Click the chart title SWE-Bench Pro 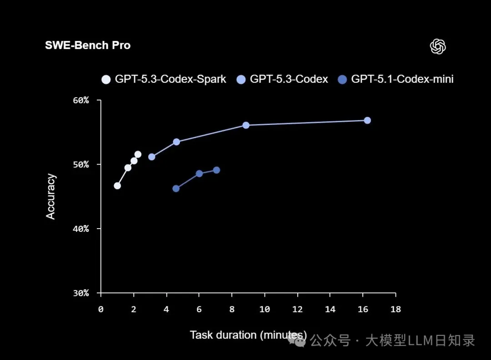(88, 45)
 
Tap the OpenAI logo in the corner (438, 46)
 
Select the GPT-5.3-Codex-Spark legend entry (164, 79)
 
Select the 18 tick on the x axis (396, 309)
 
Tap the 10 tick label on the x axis (264, 309)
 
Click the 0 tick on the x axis (101, 309)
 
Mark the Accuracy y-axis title (51, 196)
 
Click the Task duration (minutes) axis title (248, 335)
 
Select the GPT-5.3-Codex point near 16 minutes (367, 120)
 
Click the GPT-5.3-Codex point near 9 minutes (246, 125)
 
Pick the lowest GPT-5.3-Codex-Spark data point (117, 185)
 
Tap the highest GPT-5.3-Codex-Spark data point (138, 155)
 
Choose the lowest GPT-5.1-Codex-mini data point (176, 188)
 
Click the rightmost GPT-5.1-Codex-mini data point (216, 170)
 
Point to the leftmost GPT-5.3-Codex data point (152, 157)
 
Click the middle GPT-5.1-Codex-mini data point (199, 174)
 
